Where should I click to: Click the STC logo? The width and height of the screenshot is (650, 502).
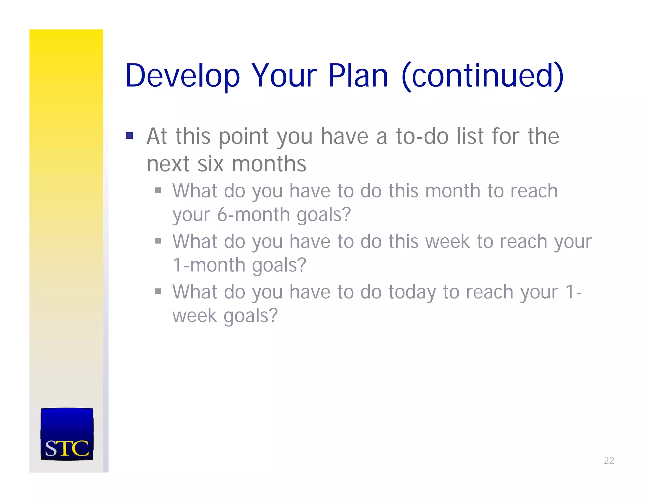pyautogui.click(x=67, y=434)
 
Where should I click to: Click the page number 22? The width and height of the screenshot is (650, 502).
pyautogui.click(x=609, y=460)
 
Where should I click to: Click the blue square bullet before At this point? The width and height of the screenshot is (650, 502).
pyautogui.click(x=129, y=136)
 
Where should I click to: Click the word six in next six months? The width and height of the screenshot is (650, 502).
pyautogui.click(x=210, y=164)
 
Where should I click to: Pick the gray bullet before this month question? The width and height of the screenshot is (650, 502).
pyautogui.click(x=158, y=190)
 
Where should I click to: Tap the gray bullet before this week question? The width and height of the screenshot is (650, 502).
pyautogui.click(x=158, y=241)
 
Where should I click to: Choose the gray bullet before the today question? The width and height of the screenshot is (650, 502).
pyautogui.click(x=158, y=291)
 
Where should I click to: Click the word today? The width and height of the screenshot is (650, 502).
pyautogui.click(x=412, y=293)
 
